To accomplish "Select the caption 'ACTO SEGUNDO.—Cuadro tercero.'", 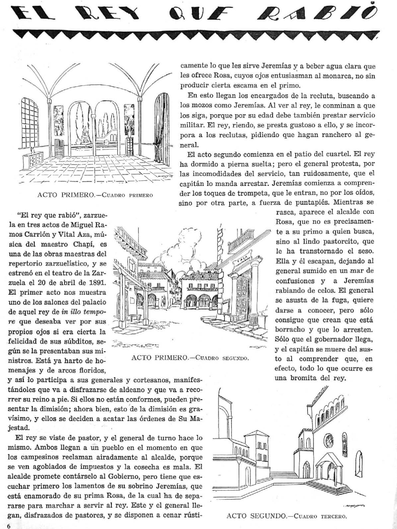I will (287, 516).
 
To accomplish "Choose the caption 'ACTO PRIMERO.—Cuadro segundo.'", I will (190, 357).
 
